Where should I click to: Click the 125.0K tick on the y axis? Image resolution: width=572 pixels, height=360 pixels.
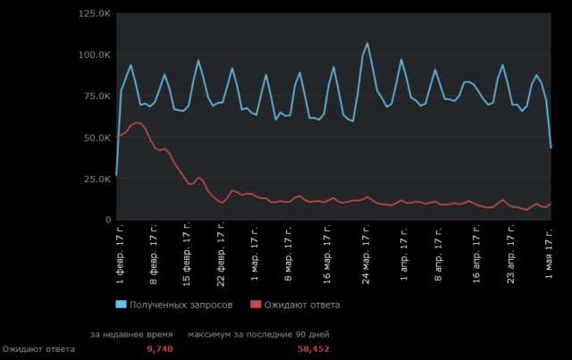point(94,14)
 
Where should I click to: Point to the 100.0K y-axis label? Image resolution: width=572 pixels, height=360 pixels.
point(94,55)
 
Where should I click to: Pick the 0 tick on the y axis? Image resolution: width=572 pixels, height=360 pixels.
point(107,220)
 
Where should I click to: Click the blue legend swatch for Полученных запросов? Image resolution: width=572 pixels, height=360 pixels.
point(122,305)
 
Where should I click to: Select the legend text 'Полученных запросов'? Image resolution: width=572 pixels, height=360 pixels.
point(181,305)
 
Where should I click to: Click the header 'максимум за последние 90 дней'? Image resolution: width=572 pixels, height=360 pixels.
point(258,334)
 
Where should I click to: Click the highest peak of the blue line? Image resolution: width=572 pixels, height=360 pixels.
point(367,43)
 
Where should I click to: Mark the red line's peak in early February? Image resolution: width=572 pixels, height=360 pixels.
point(137,122)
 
